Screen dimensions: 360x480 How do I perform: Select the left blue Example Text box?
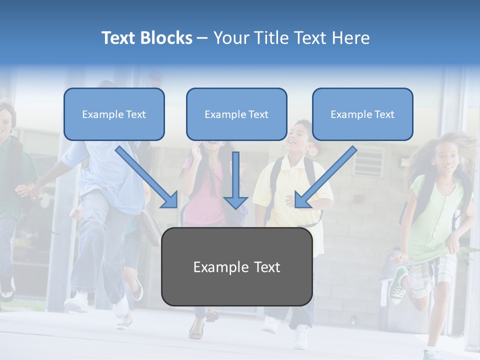coord(114,114)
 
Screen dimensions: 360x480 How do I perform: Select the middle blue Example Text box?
coord(236,114)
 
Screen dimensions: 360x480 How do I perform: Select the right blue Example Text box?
coord(362,114)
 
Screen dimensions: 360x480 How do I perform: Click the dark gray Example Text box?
coord(236,267)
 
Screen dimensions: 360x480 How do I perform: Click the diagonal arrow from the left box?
coord(148,178)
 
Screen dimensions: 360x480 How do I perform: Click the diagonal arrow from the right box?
coord(325,178)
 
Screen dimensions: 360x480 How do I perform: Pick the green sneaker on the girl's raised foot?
coord(398,285)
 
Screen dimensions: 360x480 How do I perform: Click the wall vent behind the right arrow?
coord(368,160)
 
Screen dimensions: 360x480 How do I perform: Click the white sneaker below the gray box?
coord(301,337)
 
